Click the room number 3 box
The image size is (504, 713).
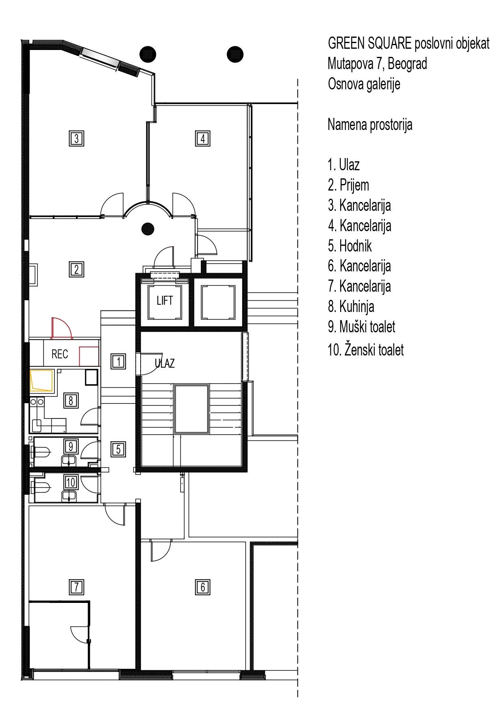pyautogui.click(x=76, y=139)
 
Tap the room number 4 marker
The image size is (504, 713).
pyautogui.click(x=202, y=139)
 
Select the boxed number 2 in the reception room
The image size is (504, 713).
pyautogui.click(x=76, y=269)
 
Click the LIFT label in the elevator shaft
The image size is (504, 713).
pyautogui.click(x=165, y=300)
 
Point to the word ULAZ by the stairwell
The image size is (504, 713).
pyautogui.click(x=165, y=363)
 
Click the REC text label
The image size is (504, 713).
pyautogui.click(x=60, y=354)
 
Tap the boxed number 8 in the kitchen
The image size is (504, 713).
pyautogui.click(x=71, y=401)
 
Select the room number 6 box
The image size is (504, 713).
pyautogui.click(x=202, y=587)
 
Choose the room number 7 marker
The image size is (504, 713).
pyautogui.click(x=76, y=587)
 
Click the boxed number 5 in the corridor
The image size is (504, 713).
pyautogui.click(x=118, y=449)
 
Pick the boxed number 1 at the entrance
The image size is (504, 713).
pyautogui.click(x=118, y=361)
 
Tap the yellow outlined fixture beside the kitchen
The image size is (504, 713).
pyautogui.click(x=41, y=381)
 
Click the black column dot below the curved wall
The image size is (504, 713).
pyautogui.click(x=148, y=229)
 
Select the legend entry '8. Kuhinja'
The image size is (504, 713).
pyautogui.click(x=351, y=307)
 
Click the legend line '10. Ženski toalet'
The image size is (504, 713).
pyautogui.click(x=366, y=349)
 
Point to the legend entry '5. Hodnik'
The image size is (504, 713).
pyautogui.click(x=350, y=246)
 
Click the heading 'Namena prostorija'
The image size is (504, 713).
pyautogui.click(x=370, y=125)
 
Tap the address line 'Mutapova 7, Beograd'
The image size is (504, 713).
pyautogui.click(x=377, y=64)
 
